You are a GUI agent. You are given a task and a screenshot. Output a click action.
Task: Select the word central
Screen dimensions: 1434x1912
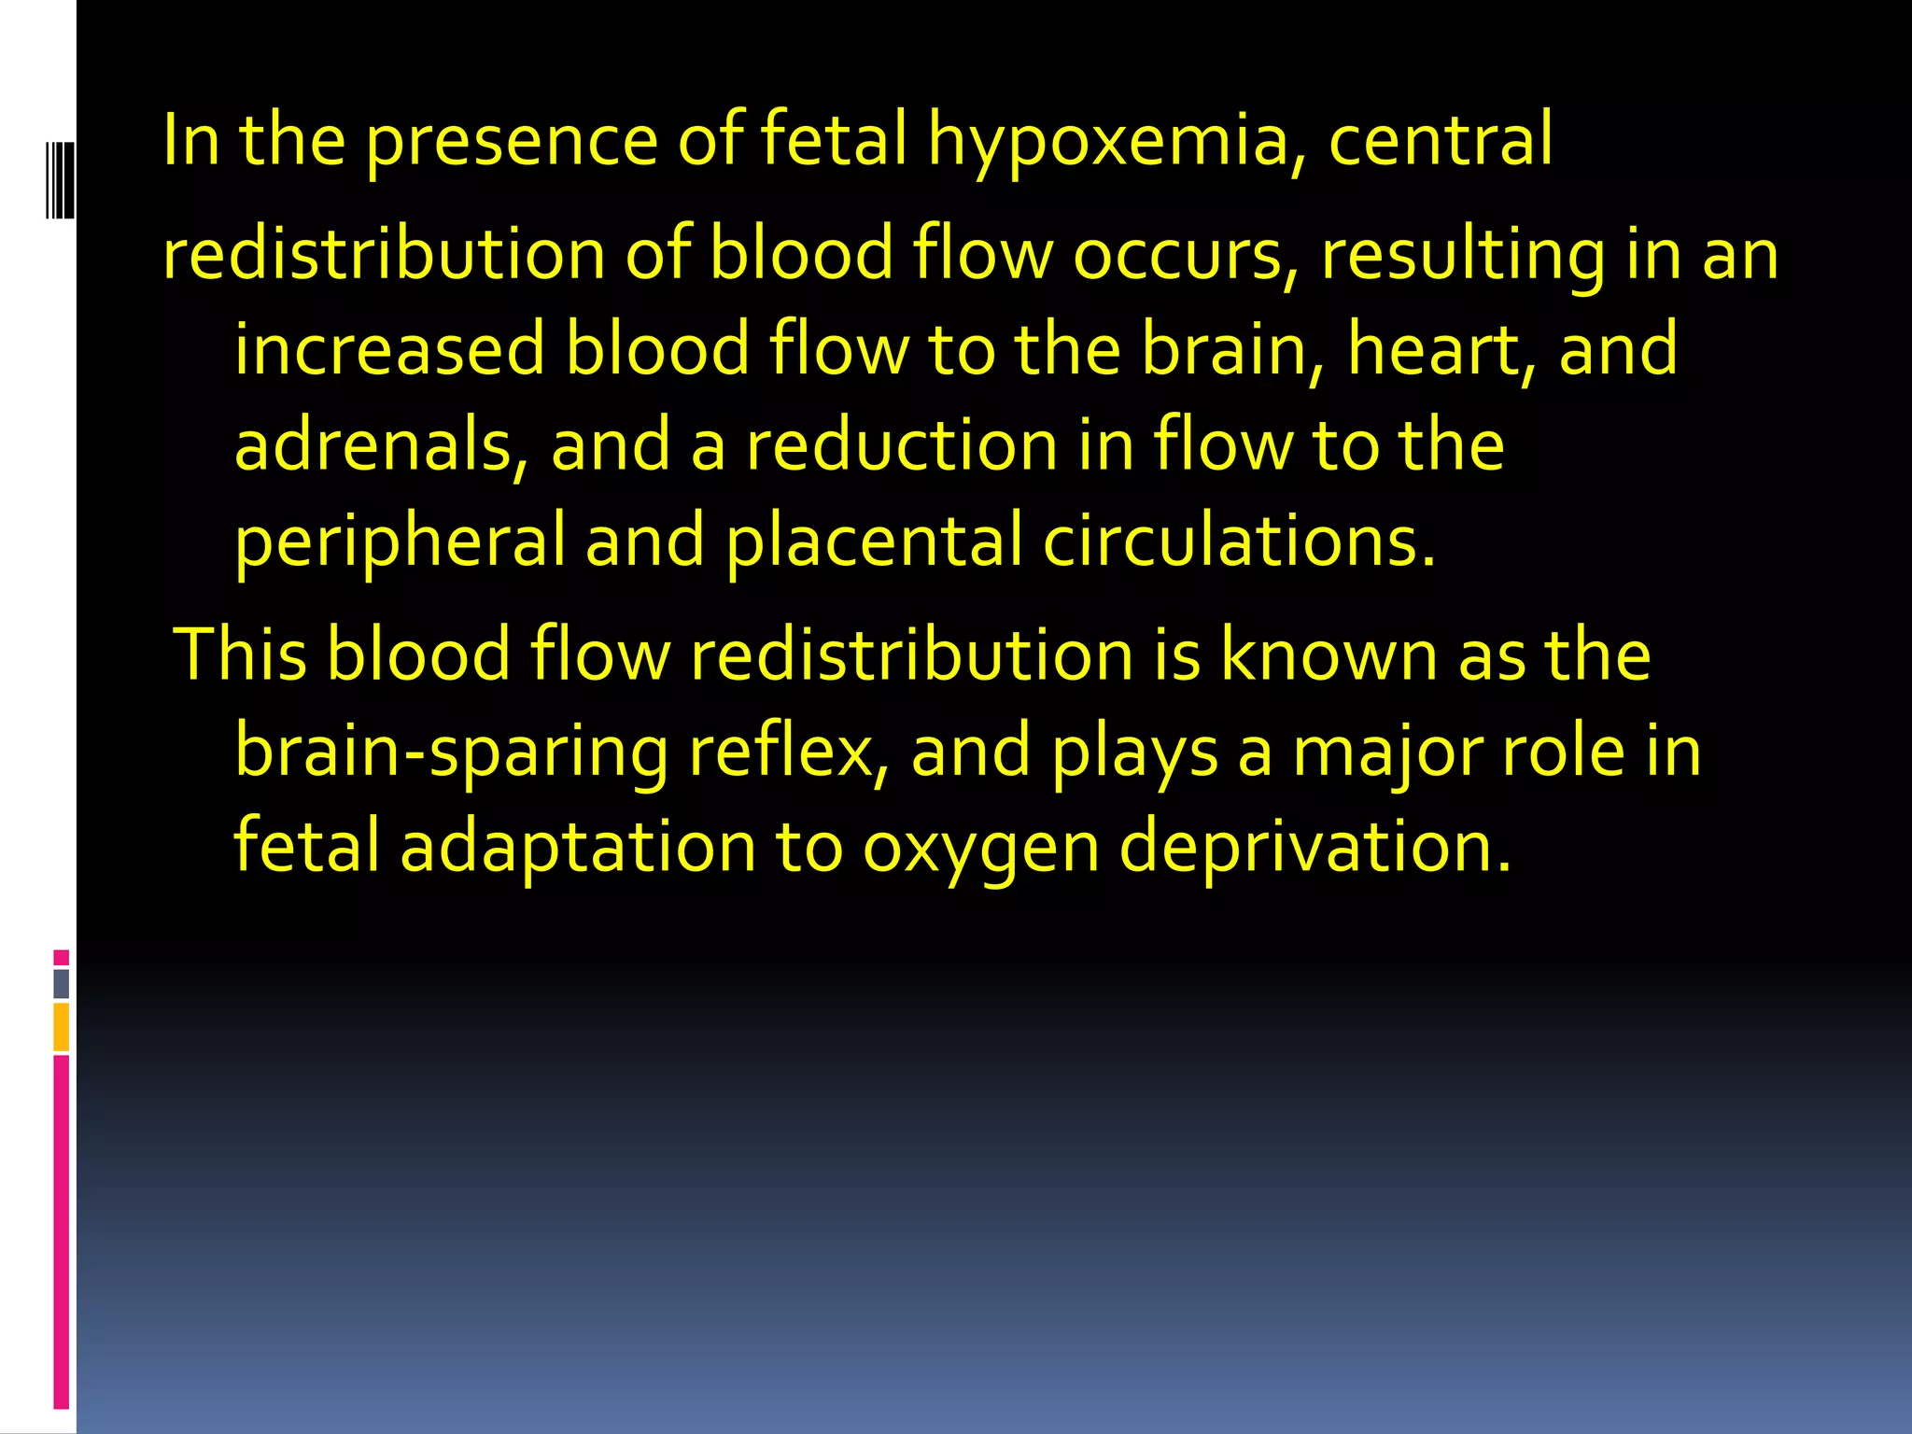(1440, 140)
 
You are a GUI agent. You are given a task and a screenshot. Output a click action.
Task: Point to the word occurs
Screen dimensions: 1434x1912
(1186, 254)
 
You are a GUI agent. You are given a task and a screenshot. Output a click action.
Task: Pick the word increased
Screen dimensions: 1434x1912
(389, 349)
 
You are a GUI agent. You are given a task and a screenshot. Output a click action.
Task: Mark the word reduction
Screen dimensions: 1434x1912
(902, 445)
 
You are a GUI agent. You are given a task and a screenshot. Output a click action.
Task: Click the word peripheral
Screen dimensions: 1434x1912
(400, 542)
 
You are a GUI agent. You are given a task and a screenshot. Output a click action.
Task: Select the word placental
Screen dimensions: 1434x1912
(874, 542)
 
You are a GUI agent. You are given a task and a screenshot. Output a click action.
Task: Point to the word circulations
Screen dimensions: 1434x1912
(1238, 542)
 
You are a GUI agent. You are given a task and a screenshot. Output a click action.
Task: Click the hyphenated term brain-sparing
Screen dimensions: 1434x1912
(452, 752)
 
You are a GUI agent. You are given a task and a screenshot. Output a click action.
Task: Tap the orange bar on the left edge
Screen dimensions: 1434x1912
(62, 1026)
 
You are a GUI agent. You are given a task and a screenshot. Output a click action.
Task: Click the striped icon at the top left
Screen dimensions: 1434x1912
(60, 179)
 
